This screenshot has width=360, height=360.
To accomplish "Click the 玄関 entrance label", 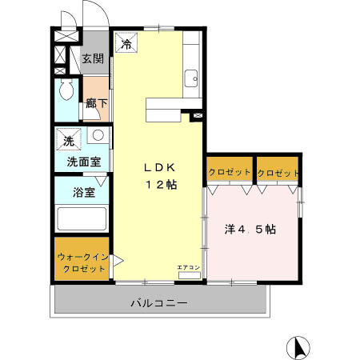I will tap(94, 58).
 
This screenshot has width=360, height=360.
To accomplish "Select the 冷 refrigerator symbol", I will tap(127, 45).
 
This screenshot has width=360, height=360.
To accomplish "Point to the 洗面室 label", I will tap(83, 161).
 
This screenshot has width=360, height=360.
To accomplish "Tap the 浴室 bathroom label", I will tap(83, 193).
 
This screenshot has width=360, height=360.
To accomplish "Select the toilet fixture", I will tap(66, 90).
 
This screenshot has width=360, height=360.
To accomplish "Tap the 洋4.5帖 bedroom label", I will tap(250, 229).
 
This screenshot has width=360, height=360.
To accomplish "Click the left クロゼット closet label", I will tap(230, 173).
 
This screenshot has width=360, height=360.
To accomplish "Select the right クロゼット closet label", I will tap(278, 173).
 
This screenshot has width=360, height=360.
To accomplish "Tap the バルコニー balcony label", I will tap(160, 303).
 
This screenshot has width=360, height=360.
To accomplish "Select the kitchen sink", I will tap(192, 78).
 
